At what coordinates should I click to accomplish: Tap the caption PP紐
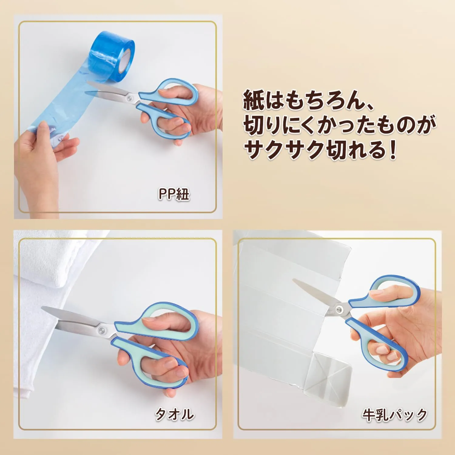[174, 194]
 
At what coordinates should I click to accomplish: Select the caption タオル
[174, 414]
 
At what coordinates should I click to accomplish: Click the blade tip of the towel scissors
[42, 308]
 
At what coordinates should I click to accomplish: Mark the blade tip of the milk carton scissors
[294, 280]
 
